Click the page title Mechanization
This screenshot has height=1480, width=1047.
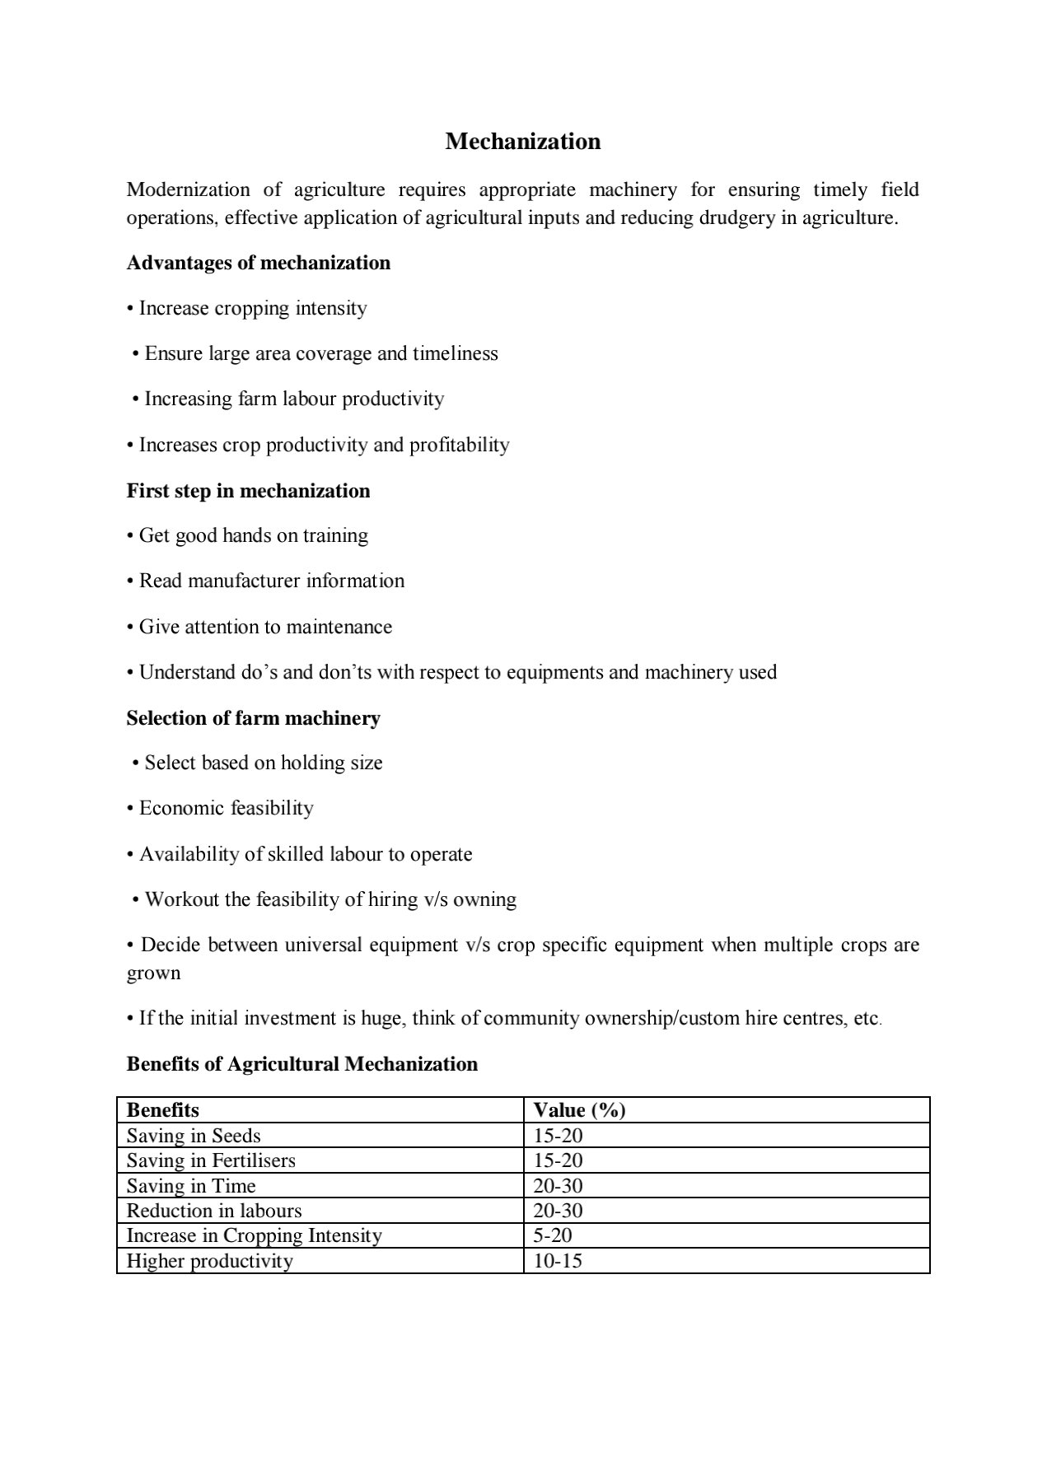point(522,142)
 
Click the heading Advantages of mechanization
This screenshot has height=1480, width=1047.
point(258,263)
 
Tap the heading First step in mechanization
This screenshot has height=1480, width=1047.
point(248,491)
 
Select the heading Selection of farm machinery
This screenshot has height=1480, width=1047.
point(253,718)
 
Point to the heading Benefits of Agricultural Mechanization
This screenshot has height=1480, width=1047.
point(301,1064)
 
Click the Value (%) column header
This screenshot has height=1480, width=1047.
point(579,1110)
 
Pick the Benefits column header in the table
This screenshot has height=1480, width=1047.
point(162,1110)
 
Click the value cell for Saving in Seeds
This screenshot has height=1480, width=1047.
point(558,1136)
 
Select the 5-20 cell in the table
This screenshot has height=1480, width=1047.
point(553,1235)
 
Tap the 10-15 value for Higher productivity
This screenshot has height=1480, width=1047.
point(558,1261)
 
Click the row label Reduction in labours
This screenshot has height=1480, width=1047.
point(214,1211)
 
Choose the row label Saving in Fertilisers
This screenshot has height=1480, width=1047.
point(211,1160)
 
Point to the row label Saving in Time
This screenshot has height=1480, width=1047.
point(191,1186)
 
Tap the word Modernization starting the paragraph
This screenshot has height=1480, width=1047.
point(188,190)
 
